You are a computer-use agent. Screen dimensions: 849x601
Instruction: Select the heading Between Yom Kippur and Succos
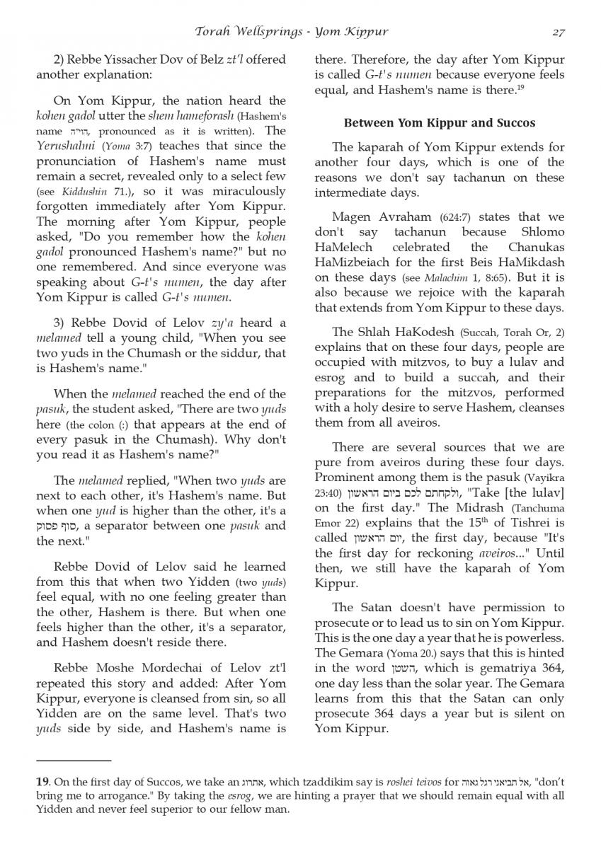pos(439,123)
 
